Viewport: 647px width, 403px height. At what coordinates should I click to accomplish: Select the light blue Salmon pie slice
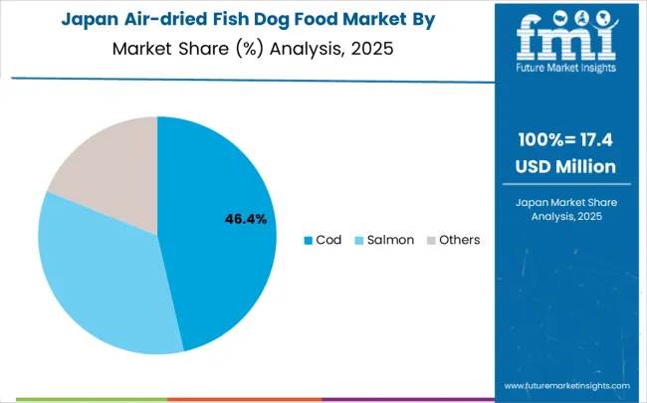pyautogui.click(x=100, y=279)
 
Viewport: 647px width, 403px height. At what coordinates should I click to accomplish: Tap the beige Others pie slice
pyautogui.click(x=109, y=164)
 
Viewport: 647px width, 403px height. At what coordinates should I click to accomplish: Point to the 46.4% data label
pyautogui.click(x=244, y=219)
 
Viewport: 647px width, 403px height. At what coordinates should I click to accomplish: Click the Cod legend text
pyautogui.click(x=328, y=240)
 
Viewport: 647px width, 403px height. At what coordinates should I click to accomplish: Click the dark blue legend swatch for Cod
pyautogui.click(x=309, y=240)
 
